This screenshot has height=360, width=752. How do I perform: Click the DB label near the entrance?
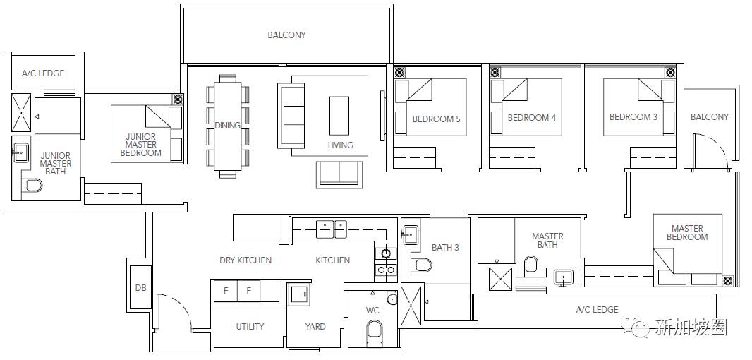[x=140, y=288]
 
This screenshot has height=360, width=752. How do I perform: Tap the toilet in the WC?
[x=374, y=332]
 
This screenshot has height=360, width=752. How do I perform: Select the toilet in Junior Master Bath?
[x=33, y=185]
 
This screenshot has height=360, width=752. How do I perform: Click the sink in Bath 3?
[x=410, y=235]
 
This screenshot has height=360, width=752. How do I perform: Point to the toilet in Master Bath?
[x=531, y=266]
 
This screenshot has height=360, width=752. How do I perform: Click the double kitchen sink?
[x=331, y=229]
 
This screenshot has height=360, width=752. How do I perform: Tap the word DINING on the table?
[x=227, y=126]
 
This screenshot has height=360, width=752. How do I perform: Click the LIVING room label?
[x=341, y=145]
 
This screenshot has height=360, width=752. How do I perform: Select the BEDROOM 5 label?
[x=437, y=119]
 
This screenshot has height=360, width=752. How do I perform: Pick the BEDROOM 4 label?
[x=532, y=118]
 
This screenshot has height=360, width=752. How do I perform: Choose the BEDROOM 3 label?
[x=633, y=117]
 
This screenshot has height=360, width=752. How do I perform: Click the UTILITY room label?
[x=250, y=326]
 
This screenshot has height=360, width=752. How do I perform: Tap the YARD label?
[x=315, y=326]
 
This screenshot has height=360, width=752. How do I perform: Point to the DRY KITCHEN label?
[x=245, y=260]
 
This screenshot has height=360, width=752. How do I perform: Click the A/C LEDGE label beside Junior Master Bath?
[x=43, y=73]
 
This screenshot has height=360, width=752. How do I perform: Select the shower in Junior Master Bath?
[x=21, y=113]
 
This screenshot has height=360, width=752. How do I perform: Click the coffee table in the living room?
[x=339, y=116]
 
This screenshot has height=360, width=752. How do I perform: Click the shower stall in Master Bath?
[x=500, y=280]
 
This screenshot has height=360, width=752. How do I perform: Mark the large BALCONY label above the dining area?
[x=287, y=35]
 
